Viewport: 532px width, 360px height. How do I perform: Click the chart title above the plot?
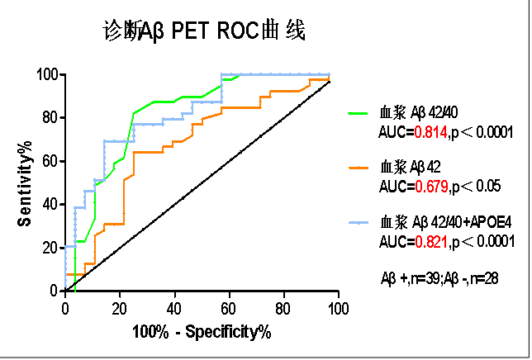coord(204,32)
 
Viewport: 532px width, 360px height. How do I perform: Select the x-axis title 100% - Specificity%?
coord(202,332)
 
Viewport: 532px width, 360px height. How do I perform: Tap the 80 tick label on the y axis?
coord(50,118)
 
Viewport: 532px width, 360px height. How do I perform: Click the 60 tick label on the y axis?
coord(50,161)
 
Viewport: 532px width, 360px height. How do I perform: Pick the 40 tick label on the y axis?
coord(50,204)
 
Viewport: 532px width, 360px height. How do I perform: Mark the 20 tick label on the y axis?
coord(50,247)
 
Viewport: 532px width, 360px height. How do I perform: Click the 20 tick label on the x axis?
coord(120,308)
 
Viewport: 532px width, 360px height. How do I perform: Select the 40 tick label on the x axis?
coord(174,308)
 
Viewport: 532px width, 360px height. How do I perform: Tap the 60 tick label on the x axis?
coord(229,308)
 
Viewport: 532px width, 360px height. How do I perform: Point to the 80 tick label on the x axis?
coord(283,308)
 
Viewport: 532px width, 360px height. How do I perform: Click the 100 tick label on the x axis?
coord(338,308)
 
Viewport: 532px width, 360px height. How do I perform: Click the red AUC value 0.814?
coord(430,131)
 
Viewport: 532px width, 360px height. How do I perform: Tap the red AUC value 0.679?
coord(430,186)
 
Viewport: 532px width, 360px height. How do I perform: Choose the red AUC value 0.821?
coord(430,241)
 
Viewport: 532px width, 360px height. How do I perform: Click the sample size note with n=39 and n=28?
coord(438,278)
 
